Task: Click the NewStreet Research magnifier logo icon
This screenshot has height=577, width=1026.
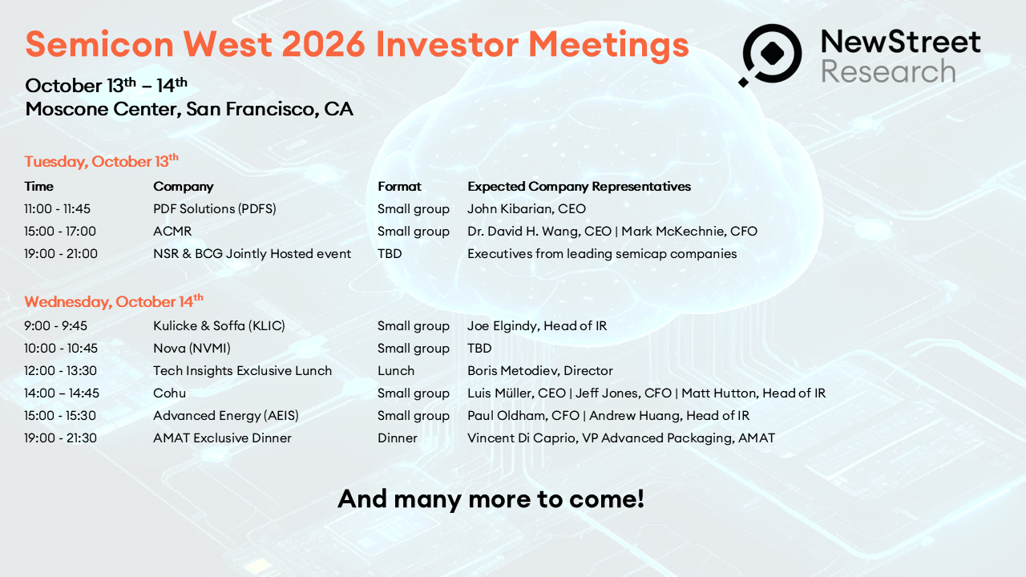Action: pos(771,54)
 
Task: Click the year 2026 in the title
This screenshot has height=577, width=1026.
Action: pos(323,44)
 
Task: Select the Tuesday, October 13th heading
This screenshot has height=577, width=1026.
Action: pos(101,161)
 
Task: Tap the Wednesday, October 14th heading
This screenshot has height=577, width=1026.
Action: pos(114,301)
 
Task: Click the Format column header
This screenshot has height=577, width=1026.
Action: pos(399,187)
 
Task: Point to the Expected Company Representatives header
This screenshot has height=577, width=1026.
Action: pos(579,187)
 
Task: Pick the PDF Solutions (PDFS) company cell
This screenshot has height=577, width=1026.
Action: pos(214,209)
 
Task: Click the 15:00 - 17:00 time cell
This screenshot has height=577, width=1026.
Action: pos(60,232)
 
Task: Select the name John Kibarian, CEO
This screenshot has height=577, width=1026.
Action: pos(527,209)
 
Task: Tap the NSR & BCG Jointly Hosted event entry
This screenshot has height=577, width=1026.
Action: pos(252,254)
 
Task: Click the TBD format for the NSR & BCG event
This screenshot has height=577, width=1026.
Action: pos(390,254)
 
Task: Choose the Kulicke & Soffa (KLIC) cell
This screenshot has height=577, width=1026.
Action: pos(219,325)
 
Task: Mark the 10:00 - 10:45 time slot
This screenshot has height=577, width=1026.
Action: pos(61,348)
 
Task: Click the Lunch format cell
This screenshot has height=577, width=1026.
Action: pos(396,370)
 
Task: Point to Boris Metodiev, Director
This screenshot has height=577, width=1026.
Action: pos(540,370)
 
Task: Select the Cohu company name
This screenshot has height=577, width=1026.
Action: pos(169,393)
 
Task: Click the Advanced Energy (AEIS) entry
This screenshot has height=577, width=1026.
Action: pos(226,415)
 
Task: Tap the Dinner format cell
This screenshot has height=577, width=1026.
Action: pos(398,438)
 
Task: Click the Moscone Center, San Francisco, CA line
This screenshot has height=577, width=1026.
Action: pos(189,109)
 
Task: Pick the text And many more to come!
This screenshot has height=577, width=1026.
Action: pos(491,498)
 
